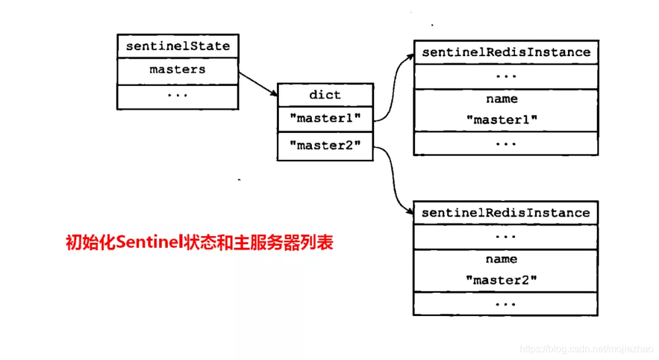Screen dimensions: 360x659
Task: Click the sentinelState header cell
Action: tap(178, 46)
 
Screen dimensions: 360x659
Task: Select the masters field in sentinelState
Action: tap(178, 70)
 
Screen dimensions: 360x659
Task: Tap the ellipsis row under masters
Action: tap(178, 96)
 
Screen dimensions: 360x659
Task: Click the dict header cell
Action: tap(325, 95)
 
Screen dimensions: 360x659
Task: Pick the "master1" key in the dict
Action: tap(325, 118)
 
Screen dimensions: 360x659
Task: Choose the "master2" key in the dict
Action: tap(325, 146)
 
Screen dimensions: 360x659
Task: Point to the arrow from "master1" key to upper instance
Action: tap(394, 85)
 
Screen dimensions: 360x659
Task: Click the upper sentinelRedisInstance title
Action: tap(506, 52)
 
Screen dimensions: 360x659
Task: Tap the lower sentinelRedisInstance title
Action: tap(505, 213)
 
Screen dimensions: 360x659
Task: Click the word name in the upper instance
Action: tap(502, 99)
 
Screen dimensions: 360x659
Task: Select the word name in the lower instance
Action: tap(501, 259)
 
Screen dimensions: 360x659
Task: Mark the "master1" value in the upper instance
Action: tap(502, 120)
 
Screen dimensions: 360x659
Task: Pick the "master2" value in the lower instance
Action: tap(501, 281)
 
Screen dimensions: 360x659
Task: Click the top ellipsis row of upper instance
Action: tap(506, 77)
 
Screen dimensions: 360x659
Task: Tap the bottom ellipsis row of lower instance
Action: tap(505, 304)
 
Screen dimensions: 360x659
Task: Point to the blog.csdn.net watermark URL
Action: tap(586, 348)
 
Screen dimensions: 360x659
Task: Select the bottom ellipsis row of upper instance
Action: tap(506, 143)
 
